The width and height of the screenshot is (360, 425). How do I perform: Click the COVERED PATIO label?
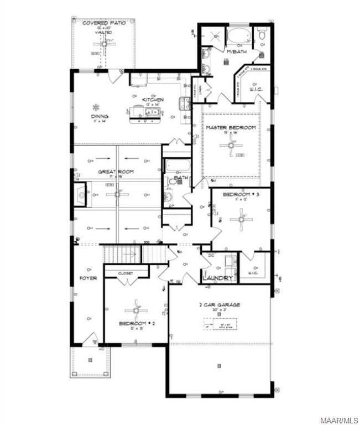coord(104,23)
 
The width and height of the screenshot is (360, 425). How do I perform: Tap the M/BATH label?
coord(236,51)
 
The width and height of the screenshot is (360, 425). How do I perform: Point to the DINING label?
coord(100,116)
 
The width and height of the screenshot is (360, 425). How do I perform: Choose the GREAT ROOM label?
coord(116,172)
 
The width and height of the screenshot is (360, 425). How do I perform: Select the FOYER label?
coord(88,278)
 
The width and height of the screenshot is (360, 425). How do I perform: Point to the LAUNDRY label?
coord(217,278)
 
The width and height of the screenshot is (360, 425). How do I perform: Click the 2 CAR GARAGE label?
coord(220,304)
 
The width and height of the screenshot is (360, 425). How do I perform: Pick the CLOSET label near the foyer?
coord(127,273)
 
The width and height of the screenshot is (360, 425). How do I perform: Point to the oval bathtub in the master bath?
coord(239,36)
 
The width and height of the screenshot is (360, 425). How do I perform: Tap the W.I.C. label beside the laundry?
coord(254,273)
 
